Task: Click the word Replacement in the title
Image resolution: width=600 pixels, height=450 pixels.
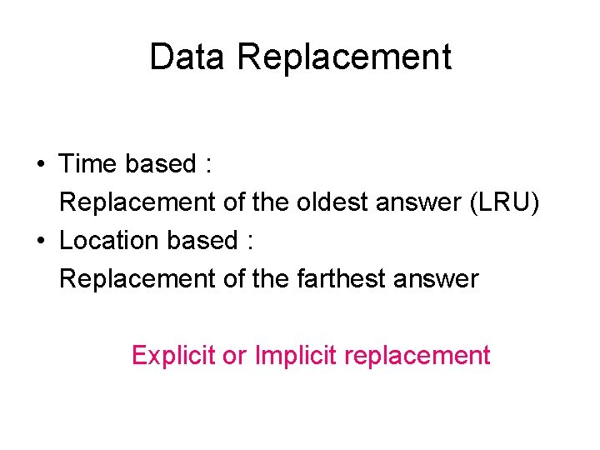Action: click(343, 57)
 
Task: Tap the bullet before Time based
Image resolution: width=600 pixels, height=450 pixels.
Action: click(40, 164)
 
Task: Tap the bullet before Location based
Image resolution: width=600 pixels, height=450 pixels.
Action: click(40, 241)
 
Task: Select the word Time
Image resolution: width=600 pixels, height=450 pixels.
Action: click(88, 164)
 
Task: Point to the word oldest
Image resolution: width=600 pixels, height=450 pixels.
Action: click(317, 202)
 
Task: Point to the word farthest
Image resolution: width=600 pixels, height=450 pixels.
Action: click(337, 279)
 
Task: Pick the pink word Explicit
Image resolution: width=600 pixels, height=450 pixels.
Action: click(173, 356)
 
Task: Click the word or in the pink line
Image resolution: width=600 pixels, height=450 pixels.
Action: click(235, 356)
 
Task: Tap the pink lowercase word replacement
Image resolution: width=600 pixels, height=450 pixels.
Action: click(417, 356)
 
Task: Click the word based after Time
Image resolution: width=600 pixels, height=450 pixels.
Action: click(160, 164)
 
